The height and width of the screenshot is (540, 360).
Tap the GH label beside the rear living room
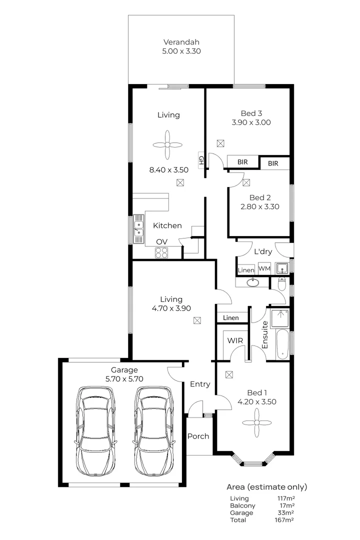[x=201, y=160]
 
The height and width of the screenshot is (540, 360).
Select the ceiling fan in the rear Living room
[x=168, y=145]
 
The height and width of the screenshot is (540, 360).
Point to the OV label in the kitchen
[x=161, y=241]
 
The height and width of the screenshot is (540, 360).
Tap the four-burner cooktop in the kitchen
[x=161, y=253]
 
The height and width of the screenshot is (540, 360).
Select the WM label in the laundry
[x=264, y=268]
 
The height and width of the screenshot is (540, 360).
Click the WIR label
[x=234, y=340]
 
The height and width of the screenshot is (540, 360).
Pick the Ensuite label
[x=264, y=338]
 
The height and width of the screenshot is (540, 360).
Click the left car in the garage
[x=95, y=430]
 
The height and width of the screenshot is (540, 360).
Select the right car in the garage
[x=154, y=430]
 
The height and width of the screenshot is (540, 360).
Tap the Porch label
[x=198, y=436]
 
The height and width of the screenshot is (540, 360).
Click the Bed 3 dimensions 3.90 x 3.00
[x=251, y=122]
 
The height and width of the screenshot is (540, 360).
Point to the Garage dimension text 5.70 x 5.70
[x=124, y=378]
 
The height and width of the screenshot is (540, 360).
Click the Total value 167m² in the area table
[x=285, y=520]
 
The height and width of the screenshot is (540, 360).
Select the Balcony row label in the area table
[x=242, y=505]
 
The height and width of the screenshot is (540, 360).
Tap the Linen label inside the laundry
[x=246, y=269]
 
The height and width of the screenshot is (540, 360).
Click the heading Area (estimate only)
[x=267, y=486]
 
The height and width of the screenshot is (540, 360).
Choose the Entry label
[x=200, y=384]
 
